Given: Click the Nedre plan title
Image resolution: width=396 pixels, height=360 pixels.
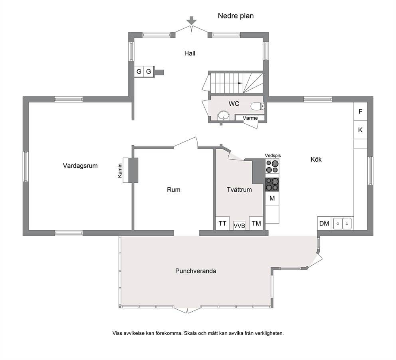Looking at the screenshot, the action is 236,16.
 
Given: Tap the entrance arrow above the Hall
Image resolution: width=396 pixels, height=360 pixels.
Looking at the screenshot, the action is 192,21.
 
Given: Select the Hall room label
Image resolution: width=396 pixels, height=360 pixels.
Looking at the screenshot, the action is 190,53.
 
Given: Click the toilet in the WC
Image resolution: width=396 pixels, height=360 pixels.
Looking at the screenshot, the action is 257,106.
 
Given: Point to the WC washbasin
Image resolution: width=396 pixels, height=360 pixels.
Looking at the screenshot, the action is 224,116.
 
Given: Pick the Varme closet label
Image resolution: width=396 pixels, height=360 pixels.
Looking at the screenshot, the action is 250,118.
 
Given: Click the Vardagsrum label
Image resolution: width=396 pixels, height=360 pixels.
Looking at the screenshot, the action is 80,166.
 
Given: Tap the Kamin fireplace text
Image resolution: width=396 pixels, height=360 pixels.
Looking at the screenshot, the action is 120,170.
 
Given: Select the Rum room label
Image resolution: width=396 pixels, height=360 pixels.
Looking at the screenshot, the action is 174,190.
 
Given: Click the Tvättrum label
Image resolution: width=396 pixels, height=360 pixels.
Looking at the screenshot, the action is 239,190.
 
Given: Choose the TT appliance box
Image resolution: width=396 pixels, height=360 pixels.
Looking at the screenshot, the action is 222,224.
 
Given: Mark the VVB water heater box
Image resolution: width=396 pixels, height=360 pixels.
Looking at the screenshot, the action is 239,225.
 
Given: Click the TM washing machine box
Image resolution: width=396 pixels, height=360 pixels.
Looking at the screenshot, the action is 256,224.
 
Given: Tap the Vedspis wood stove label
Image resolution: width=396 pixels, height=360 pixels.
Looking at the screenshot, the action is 273,156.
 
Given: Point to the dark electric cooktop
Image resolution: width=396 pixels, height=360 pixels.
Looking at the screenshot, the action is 272,184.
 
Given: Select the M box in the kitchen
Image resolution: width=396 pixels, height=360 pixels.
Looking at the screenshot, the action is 272,198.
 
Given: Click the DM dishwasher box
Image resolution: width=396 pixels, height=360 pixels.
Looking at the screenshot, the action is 324,224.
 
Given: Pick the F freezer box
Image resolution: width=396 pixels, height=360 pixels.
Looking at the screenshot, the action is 360,111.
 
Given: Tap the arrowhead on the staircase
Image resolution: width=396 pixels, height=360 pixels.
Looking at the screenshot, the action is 241,83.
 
